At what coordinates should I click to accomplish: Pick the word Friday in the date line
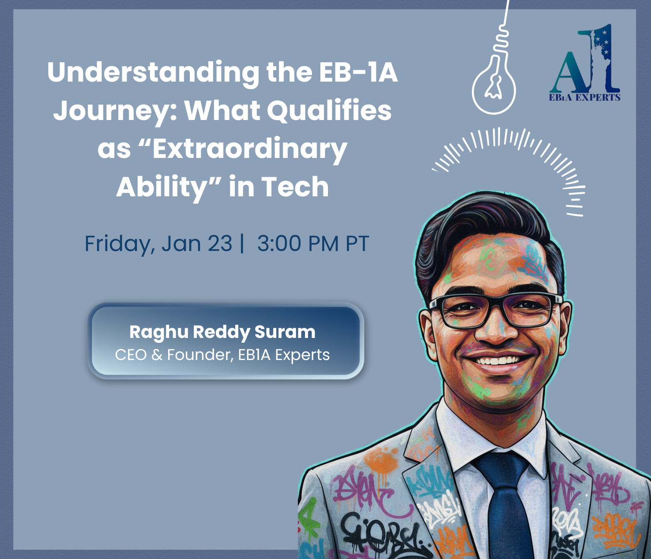pos(118,244)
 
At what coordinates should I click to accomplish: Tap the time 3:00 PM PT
pos(312,244)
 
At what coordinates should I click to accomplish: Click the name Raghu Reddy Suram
pos(222,332)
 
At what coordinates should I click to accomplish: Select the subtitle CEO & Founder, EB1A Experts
pos(222,355)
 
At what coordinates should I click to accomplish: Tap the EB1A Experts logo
pos(585,64)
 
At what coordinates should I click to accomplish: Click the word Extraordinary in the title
pos(250,149)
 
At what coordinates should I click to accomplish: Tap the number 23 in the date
pos(220,244)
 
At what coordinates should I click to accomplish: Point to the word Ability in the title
pos(162,187)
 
